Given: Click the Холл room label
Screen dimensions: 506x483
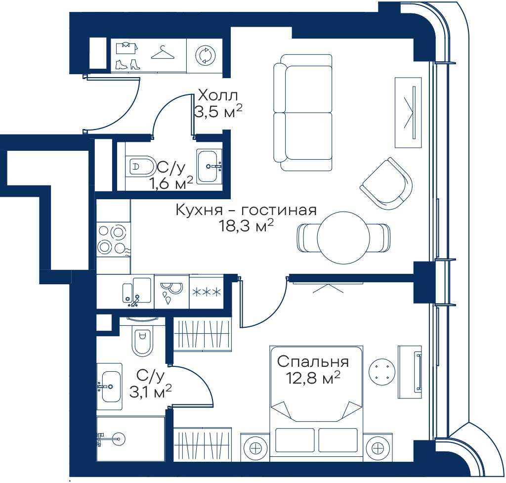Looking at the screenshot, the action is (218, 95).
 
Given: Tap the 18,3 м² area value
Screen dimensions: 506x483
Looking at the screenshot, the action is (246, 226).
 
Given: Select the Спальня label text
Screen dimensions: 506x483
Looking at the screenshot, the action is (313, 361).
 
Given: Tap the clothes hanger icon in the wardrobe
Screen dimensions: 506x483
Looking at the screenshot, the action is (163, 52).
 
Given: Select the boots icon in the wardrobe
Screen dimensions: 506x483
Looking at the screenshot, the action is (128, 64).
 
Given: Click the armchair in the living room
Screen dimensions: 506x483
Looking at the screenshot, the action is (386, 184).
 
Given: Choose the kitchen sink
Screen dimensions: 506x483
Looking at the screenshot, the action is (137, 291).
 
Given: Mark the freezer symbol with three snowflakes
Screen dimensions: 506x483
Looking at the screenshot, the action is (207, 292).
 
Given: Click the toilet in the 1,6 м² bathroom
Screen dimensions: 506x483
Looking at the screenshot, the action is (140, 167).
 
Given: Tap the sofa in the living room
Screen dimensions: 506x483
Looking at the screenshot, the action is (303, 112).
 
